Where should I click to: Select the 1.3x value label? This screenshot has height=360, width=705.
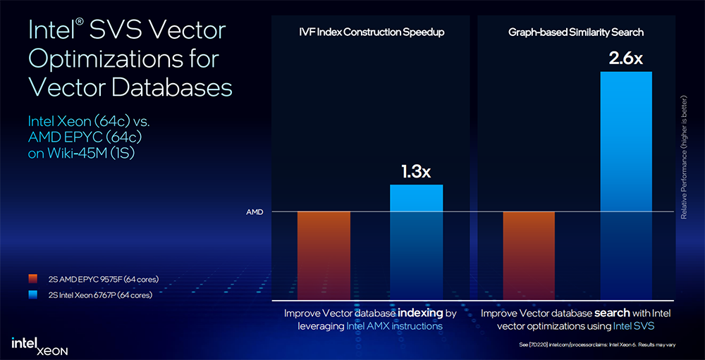(416, 171)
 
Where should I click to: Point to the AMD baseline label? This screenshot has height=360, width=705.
(254, 212)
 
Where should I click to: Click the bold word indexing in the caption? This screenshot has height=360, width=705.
(422, 312)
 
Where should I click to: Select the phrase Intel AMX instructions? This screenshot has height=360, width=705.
(395, 326)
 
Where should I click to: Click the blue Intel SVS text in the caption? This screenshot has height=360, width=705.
(634, 326)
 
